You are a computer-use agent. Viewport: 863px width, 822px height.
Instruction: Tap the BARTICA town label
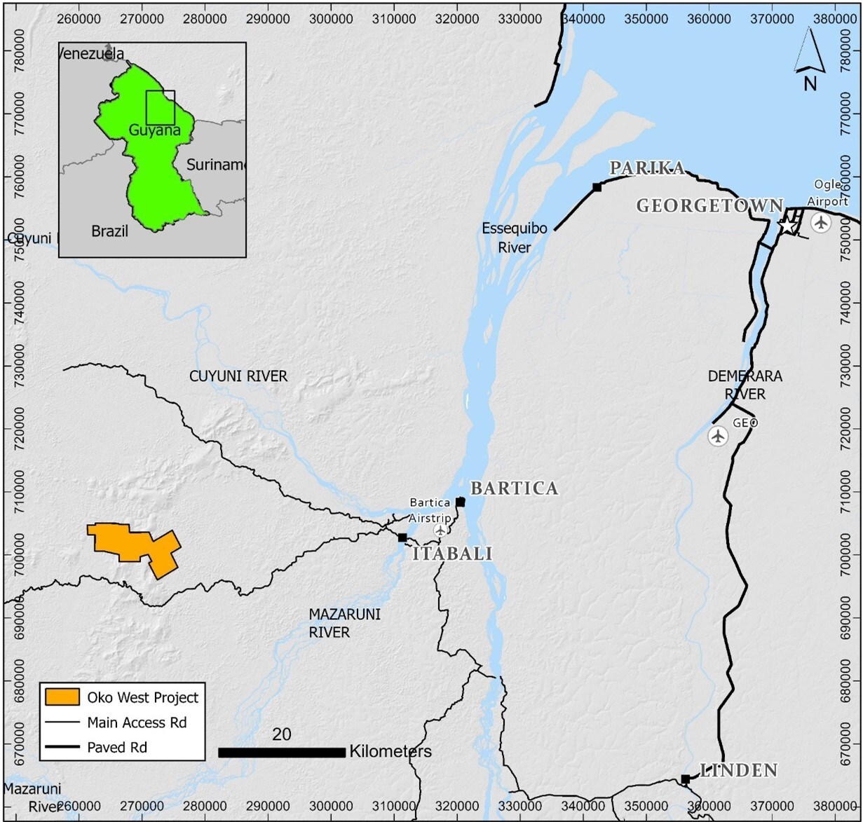pos(514,488)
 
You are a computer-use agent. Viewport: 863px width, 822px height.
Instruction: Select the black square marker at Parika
pos(597,187)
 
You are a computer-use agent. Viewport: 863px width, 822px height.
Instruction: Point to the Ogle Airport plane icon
pos(820,223)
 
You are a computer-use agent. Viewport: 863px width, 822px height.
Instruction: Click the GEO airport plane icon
pos(717,436)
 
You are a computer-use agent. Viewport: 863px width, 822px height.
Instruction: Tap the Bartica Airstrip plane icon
pos(440,530)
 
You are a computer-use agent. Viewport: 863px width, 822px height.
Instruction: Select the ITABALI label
pos(451,554)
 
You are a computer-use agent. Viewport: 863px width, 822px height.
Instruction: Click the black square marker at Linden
pos(685,779)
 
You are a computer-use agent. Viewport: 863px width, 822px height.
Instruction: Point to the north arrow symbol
pos(810,60)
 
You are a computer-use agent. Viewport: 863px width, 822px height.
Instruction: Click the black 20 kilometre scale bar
pos(282,752)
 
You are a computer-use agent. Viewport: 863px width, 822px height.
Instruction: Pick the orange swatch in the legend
pos(62,697)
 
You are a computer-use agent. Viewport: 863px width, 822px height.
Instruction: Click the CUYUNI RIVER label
pos(238,376)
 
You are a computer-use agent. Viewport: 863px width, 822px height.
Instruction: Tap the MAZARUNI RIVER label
pos(329,623)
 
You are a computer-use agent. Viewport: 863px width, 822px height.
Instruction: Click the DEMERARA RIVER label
pos(745,385)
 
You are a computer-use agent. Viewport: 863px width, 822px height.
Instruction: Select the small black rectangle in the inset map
pos(161,107)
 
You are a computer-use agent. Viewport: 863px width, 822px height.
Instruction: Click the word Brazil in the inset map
pos(110,231)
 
